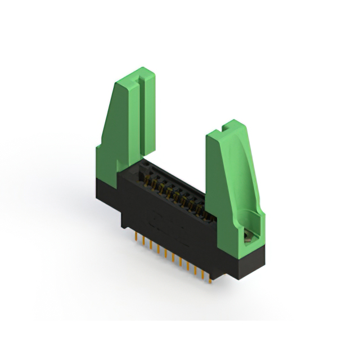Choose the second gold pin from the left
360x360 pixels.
click(x=144, y=244)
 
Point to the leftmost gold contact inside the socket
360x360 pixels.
click(x=147, y=181)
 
